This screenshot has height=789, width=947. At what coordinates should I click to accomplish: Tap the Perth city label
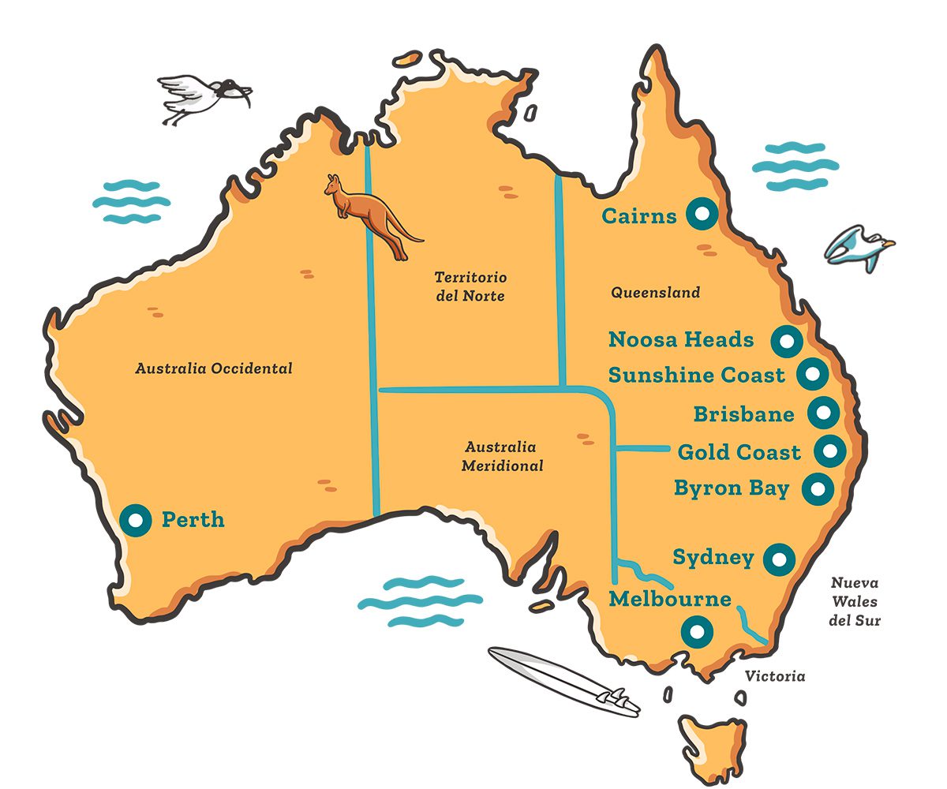point(193,520)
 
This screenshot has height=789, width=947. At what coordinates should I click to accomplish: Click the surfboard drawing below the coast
point(563,682)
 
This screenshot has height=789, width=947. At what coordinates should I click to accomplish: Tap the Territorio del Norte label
point(470,286)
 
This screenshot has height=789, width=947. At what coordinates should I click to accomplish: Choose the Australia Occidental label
point(214,368)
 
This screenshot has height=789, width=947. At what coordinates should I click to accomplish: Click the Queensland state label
point(655,293)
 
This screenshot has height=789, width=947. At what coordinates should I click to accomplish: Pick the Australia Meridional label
point(503,456)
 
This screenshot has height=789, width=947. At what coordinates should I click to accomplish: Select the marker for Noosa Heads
point(786,341)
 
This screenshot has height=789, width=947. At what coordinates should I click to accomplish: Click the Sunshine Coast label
point(697,375)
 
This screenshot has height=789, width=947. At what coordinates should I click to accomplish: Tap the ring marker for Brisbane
point(822,412)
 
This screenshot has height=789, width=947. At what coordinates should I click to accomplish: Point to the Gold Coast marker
point(829,451)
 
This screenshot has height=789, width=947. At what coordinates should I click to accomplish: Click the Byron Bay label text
point(732,488)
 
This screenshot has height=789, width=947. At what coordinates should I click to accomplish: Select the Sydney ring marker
point(779,559)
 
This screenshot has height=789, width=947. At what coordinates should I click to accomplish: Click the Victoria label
point(776,676)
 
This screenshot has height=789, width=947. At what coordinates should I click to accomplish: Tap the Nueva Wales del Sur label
point(855,602)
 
